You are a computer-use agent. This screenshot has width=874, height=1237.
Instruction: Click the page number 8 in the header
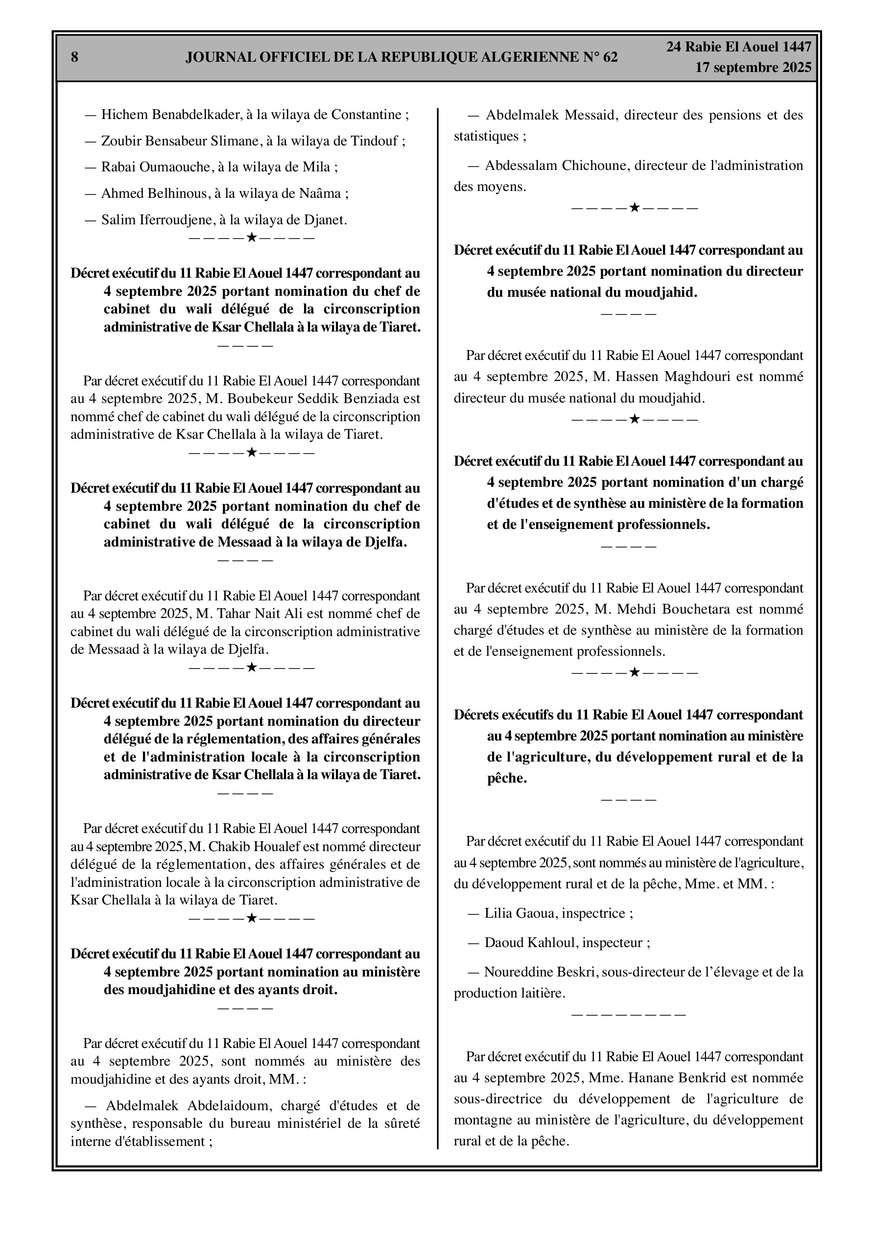74,58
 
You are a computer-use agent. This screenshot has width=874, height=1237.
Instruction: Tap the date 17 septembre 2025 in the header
753,68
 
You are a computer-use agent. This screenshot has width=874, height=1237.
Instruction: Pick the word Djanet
325,220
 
